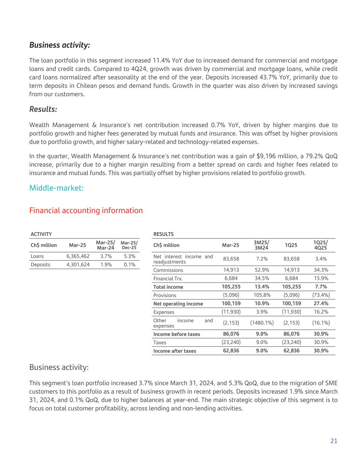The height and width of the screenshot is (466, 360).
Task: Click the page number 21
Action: (334, 441)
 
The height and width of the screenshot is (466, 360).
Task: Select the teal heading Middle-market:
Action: (56, 188)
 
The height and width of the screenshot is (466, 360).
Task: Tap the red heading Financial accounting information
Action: (86, 210)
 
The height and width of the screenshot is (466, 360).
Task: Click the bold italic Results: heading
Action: (43, 109)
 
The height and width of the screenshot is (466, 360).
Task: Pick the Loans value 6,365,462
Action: (78, 256)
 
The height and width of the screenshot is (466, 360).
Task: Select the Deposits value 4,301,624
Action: (78, 265)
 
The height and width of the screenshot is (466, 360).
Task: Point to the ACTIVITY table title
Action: (41, 234)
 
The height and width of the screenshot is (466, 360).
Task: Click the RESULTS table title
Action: (163, 234)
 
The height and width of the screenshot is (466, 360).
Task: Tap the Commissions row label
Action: (168, 270)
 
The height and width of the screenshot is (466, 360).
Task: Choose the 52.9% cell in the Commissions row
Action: (262, 270)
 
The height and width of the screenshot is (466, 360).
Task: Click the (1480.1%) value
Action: (262, 323)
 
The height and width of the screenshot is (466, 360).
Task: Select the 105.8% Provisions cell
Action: (262, 295)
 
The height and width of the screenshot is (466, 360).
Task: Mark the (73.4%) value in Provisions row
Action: (321, 295)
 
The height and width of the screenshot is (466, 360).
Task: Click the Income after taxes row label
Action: (175, 351)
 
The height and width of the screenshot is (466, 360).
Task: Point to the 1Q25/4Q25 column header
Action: (321, 245)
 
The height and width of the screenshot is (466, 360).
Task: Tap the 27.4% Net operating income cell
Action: (321, 303)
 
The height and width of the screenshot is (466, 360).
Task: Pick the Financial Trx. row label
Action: (168, 279)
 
